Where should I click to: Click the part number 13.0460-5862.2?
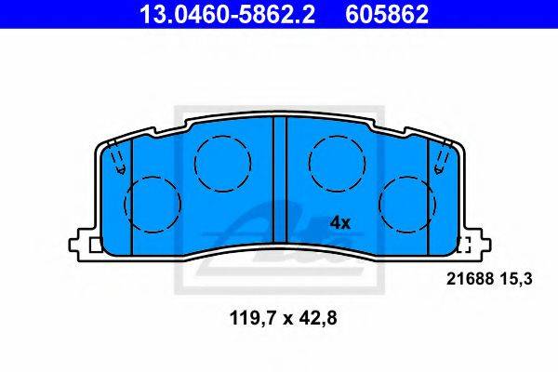[x=227, y=14]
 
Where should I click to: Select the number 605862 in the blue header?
[x=387, y=14]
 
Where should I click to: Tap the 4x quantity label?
[x=340, y=223]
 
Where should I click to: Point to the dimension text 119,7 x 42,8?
[x=284, y=318]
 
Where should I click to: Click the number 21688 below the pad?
[x=470, y=279]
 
